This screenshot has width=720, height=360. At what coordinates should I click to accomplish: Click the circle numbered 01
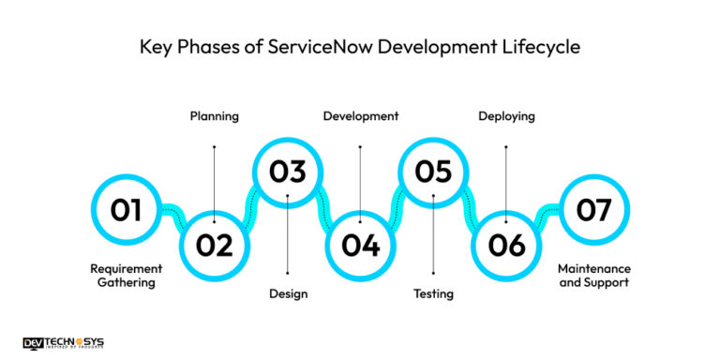[x=126, y=209]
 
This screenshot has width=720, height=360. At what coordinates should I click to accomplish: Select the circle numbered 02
[x=214, y=245]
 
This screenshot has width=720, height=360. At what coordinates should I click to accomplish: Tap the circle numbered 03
[x=288, y=172]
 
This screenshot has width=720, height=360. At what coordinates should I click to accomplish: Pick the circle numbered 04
[x=360, y=245]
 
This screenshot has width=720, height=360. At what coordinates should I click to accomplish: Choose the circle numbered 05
[x=432, y=172]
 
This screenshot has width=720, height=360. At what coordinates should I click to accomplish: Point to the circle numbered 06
[x=506, y=245]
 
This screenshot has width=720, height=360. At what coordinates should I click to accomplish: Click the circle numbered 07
[x=593, y=209]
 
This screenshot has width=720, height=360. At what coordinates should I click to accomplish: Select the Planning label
[x=214, y=116]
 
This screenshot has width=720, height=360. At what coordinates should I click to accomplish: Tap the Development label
[x=360, y=116]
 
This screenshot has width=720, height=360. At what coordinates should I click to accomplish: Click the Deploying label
[x=506, y=116]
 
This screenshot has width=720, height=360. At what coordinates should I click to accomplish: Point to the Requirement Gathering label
[x=126, y=275]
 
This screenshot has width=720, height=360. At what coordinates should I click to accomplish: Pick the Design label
[x=288, y=293]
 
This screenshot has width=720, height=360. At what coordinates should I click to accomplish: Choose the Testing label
[x=433, y=293]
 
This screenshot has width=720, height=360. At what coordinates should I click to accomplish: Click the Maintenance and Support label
[x=594, y=275]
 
